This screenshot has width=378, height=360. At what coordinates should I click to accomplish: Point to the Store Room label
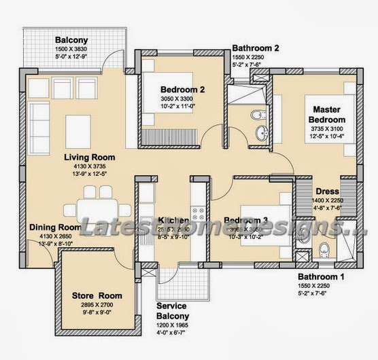(x=97, y=295)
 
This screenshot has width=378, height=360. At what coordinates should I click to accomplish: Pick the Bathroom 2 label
(x=256, y=48)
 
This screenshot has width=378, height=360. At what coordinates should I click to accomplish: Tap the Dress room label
(x=327, y=192)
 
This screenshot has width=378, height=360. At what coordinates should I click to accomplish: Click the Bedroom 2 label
(x=183, y=89)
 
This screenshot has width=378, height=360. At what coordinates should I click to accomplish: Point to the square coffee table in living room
(x=78, y=127)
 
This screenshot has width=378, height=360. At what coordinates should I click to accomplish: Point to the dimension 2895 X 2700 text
(x=97, y=306)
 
